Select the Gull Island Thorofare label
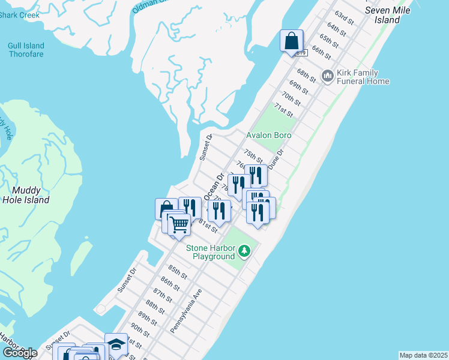click(x=26, y=50)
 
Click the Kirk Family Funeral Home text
click(x=363, y=77)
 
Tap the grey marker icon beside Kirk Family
click(x=327, y=76)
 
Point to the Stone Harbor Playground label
click(x=210, y=253)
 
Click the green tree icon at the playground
click(x=244, y=250)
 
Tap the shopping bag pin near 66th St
click(x=291, y=42)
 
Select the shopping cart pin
click(x=179, y=224)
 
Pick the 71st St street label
click(x=283, y=110)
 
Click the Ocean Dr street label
click(x=213, y=187)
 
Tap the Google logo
click(x=20, y=353)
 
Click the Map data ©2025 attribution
click(x=423, y=355)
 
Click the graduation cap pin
click(x=116, y=344)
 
